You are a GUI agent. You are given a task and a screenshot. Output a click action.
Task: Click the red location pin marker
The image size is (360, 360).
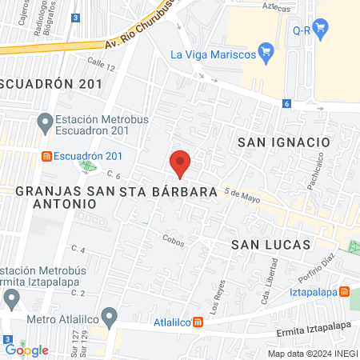tap(180, 163)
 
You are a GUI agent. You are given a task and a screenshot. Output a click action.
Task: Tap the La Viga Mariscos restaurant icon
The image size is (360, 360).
tap(268, 54)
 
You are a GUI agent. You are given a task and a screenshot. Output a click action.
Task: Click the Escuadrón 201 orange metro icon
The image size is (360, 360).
tap(48, 155)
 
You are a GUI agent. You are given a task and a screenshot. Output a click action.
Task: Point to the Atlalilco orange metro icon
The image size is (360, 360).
tap(198, 323)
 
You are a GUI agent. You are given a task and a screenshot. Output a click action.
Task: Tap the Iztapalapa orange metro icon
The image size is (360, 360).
tap(344, 293)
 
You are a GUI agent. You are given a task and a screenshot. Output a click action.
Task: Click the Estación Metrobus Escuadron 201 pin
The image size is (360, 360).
tap(44, 122)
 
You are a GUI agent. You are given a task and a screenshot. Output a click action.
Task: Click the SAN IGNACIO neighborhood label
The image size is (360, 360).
tap(284, 142)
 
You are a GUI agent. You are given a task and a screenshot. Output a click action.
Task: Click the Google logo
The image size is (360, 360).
tap(26, 350)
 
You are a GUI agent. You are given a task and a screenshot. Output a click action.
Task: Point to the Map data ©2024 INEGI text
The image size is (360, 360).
tap(312, 354)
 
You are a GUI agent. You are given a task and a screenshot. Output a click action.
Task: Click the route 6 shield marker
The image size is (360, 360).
tap(286, 104)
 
